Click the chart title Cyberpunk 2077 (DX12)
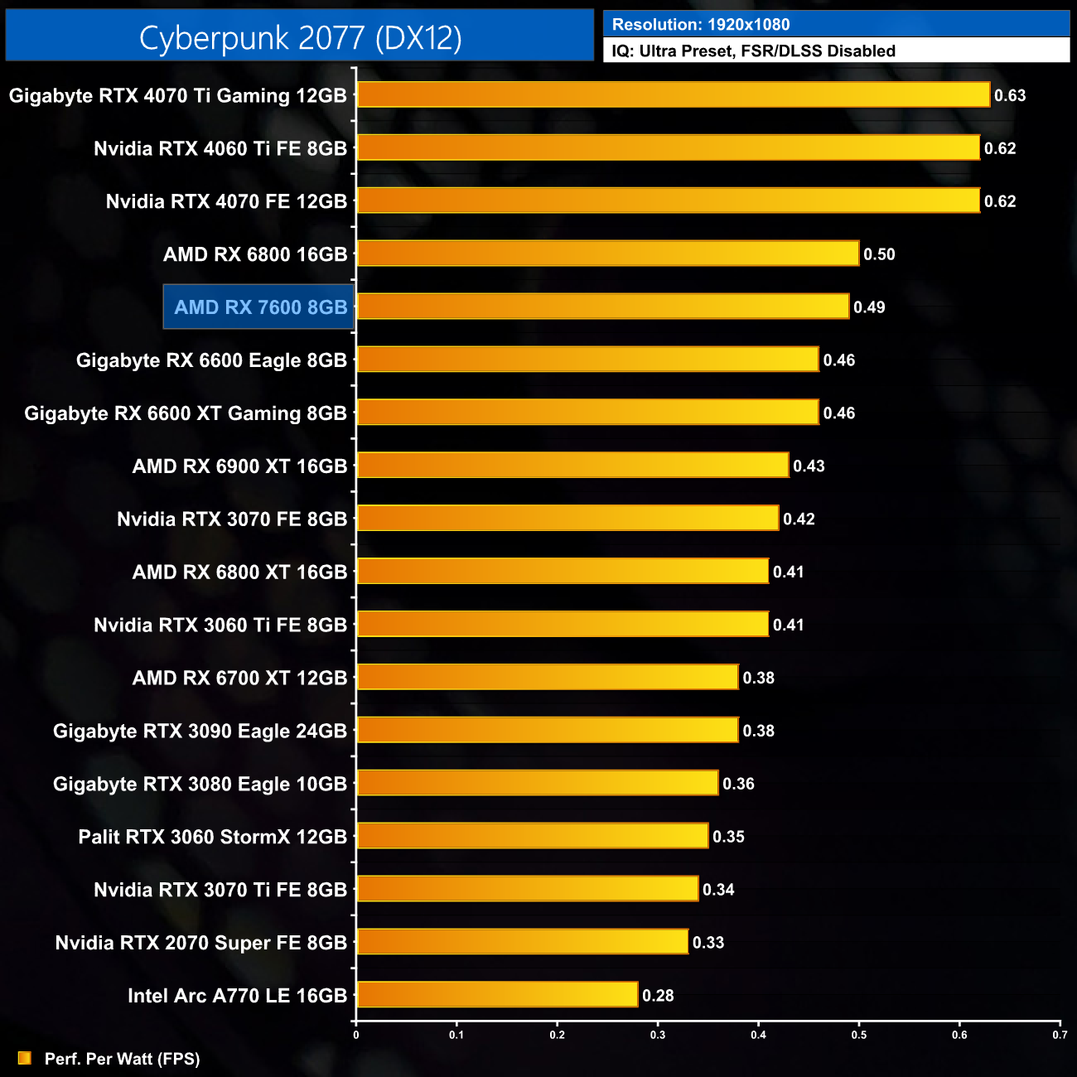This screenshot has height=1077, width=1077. click(300, 37)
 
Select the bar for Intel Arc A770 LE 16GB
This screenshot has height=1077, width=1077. click(497, 994)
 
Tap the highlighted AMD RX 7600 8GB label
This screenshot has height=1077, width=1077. click(259, 307)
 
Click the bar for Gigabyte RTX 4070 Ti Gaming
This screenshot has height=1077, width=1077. click(673, 94)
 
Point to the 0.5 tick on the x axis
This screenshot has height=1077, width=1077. click(859, 1034)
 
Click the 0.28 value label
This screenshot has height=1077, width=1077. click(658, 996)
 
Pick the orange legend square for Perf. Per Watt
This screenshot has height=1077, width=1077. click(25, 1058)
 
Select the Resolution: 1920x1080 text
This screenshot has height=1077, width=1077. click(701, 25)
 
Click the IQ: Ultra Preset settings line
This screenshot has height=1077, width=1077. click(753, 51)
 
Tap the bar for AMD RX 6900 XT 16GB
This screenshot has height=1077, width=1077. click(572, 466)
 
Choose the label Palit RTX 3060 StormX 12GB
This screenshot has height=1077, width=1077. click(212, 837)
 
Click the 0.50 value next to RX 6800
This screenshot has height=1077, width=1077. click(879, 254)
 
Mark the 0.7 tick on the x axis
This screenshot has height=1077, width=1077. click(1060, 1034)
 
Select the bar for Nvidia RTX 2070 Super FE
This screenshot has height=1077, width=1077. click(522, 941)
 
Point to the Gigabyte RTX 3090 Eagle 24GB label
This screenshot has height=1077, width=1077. click(200, 731)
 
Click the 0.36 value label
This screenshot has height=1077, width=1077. click(738, 784)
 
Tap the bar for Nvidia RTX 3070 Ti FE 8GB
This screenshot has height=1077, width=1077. click(527, 889)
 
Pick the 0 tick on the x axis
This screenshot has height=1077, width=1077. click(356, 1034)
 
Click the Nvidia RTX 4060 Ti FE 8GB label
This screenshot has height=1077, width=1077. click(220, 148)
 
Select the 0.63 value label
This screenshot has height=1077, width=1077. click(1010, 95)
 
